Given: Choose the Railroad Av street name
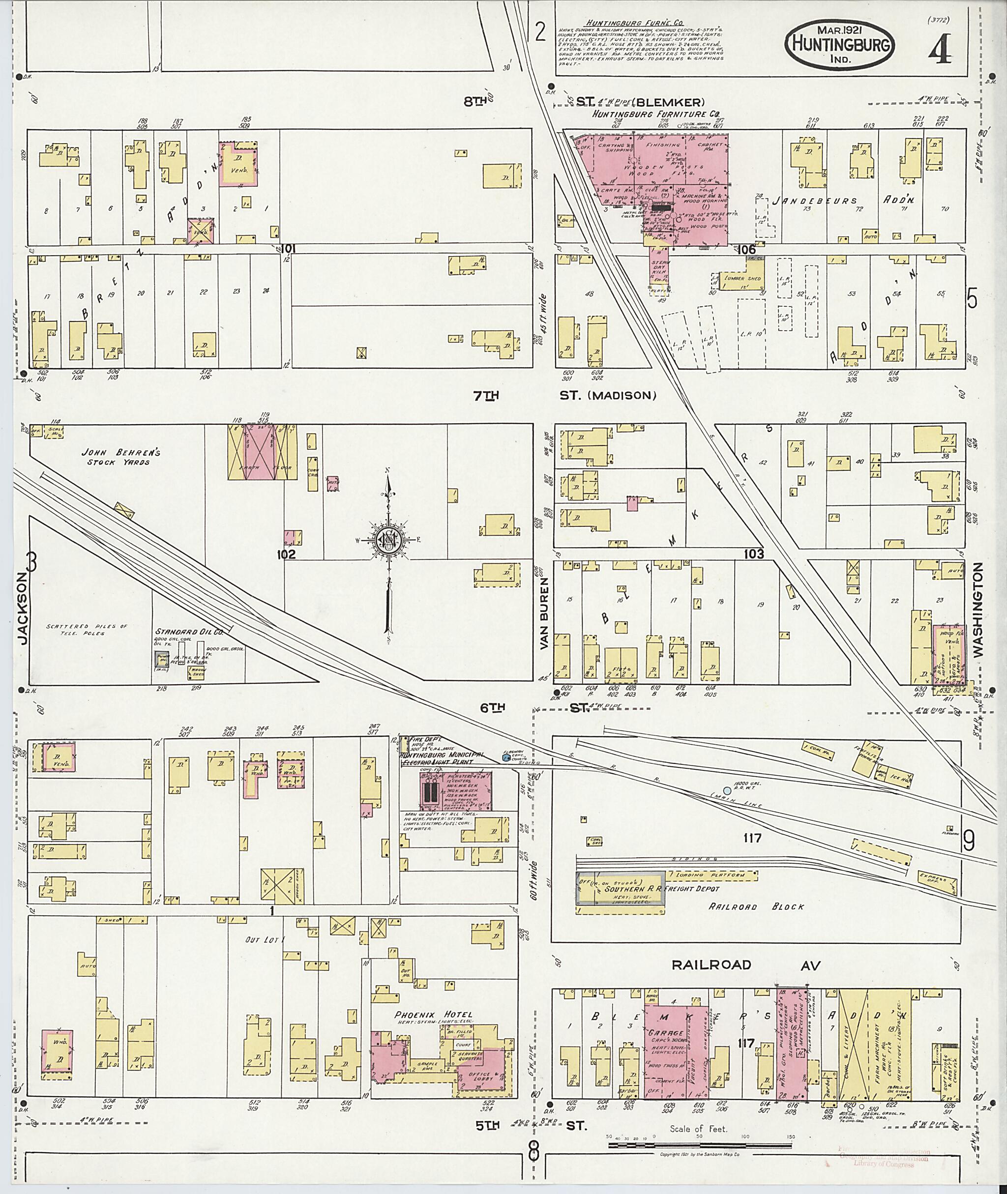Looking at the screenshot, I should pyautogui.click(x=746, y=965).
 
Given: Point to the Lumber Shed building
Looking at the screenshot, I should pyautogui.click(x=741, y=279).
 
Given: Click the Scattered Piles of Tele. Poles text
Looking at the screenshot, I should pyautogui.click(x=87, y=629).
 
